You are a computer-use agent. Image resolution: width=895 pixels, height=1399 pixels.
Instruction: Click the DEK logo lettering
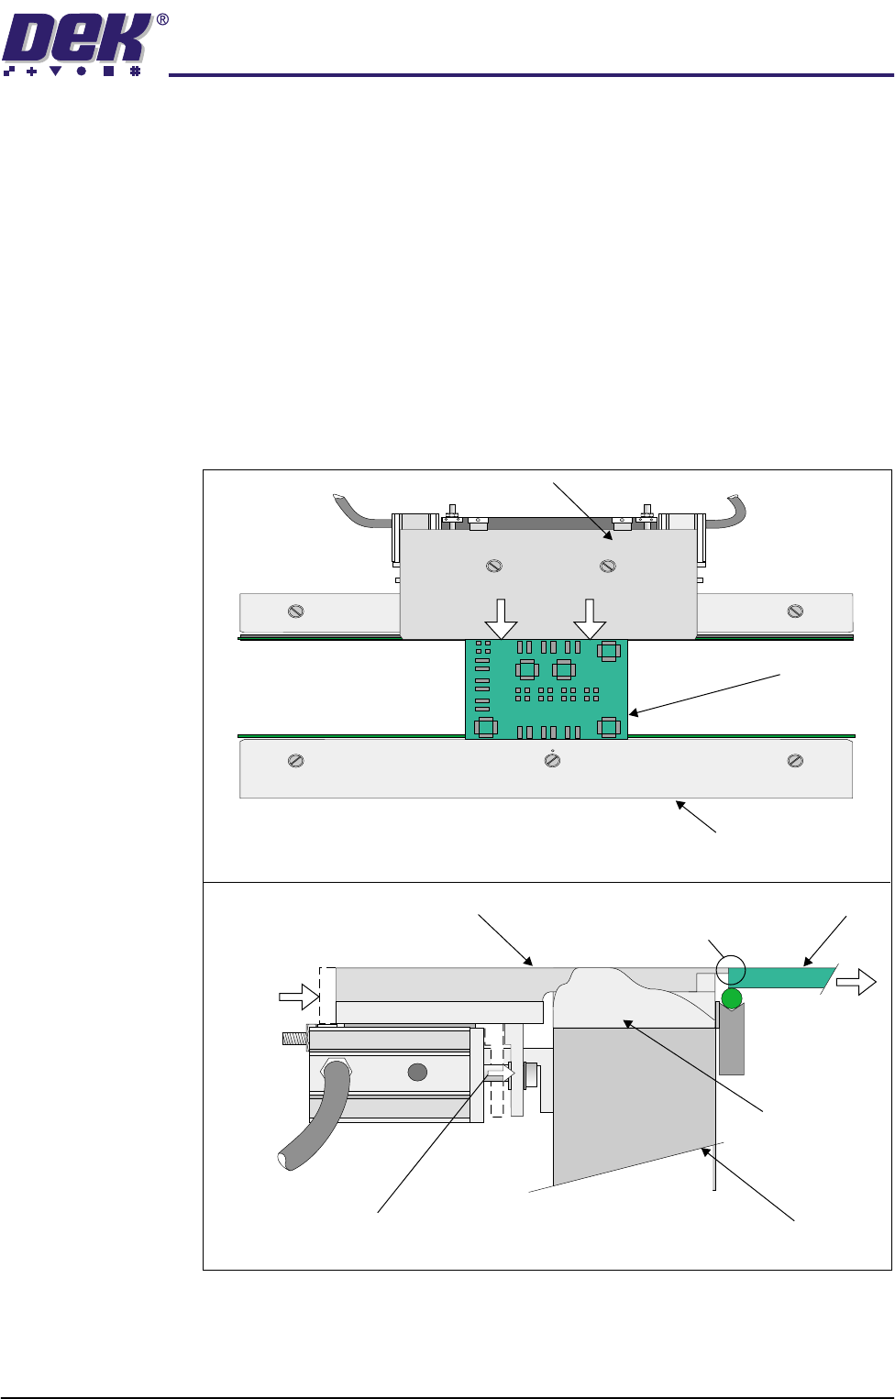pos(76,39)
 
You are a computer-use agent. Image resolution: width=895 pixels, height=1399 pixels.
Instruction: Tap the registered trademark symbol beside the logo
pos(161,20)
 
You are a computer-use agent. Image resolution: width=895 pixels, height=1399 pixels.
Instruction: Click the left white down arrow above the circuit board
pos(501,619)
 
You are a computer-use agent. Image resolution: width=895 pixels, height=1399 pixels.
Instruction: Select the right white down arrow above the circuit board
pos(590,619)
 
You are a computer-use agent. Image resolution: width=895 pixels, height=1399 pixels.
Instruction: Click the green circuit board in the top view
pos(547,688)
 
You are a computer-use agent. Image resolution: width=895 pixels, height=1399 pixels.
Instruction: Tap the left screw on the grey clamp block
pos(494,566)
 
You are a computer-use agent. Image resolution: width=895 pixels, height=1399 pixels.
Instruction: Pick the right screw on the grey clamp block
pos(608,566)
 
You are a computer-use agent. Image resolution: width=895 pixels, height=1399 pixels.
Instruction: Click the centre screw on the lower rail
pos(552,760)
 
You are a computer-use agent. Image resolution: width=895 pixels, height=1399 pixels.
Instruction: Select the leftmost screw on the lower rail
pos(295,761)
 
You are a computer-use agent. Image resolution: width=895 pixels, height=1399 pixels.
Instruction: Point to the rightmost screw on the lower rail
pos(795,761)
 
